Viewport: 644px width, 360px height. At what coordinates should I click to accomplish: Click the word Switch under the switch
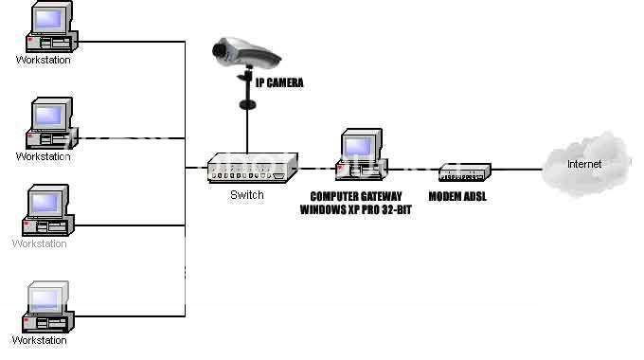(247, 195)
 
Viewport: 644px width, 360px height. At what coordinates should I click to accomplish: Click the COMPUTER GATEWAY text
(356, 195)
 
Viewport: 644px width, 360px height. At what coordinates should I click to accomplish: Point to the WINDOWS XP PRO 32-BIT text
(356, 207)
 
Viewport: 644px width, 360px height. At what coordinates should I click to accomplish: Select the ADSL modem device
(465, 172)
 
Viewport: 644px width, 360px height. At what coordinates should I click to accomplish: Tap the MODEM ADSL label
(464, 197)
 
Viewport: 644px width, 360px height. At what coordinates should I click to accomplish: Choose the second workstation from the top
(45, 124)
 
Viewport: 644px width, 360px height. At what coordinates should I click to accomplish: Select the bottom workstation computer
(45, 305)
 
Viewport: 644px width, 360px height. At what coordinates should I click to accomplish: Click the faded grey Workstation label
(40, 243)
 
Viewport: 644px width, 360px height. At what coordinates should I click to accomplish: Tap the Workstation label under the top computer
(43, 60)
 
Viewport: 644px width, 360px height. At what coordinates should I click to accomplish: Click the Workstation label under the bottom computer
(40, 339)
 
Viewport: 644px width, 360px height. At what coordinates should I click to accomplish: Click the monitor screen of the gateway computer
(356, 146)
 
